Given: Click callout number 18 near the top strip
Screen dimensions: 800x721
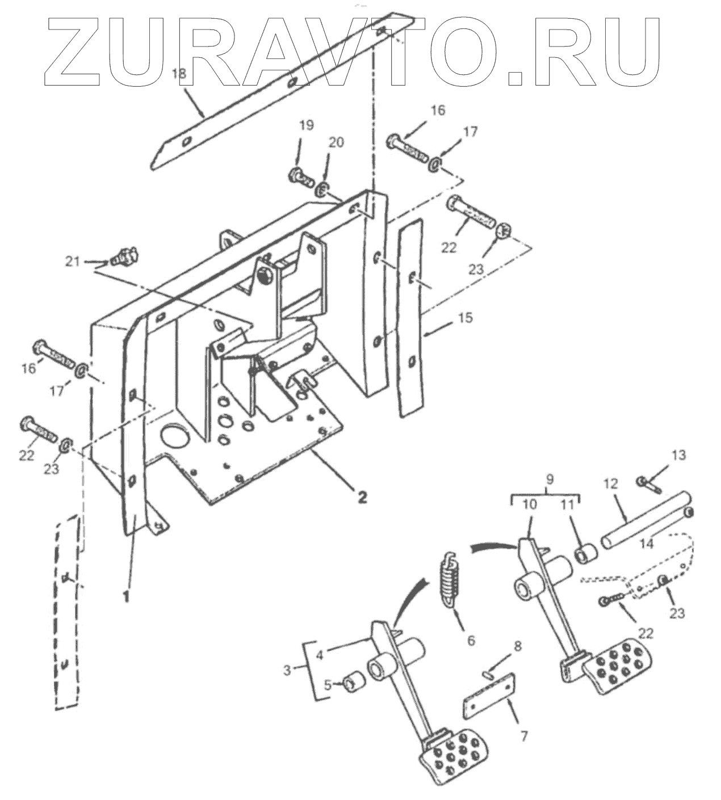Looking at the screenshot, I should coord(179,73).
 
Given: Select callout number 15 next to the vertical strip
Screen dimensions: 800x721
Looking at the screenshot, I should coord(465,318).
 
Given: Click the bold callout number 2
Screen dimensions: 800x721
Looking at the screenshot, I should coord(361,497).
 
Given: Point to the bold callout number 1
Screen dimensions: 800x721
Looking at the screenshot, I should coord(125,597).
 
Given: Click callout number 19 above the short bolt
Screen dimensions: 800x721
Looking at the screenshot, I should coord(306,125).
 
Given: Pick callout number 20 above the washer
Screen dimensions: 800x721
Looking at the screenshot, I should coord(337,142).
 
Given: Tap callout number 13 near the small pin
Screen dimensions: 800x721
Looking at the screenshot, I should coord(678,455).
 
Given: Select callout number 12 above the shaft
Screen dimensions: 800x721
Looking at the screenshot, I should coord(610,483).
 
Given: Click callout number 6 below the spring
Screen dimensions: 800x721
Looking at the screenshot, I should coord(471,641).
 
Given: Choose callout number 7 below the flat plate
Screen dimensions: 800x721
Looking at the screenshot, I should coord(523,736).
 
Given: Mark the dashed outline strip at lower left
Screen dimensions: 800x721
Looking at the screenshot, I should coord(66,613).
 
